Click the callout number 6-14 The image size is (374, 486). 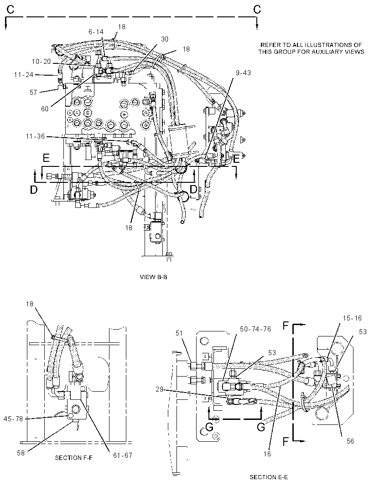[x=96, y=31]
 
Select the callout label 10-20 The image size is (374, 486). [x=41, y=62]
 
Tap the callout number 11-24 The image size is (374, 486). [x=24, y=75]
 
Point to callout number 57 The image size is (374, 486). [x=33, y=93]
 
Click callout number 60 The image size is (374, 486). [x=45, y=109]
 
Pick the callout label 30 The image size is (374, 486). [x=165, y=39]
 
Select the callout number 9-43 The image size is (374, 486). [x=243, y=73]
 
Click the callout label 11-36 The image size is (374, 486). [x=36, y=136]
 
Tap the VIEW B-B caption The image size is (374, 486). [x=154, y=277]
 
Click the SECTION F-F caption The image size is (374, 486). [x=74, y=457]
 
